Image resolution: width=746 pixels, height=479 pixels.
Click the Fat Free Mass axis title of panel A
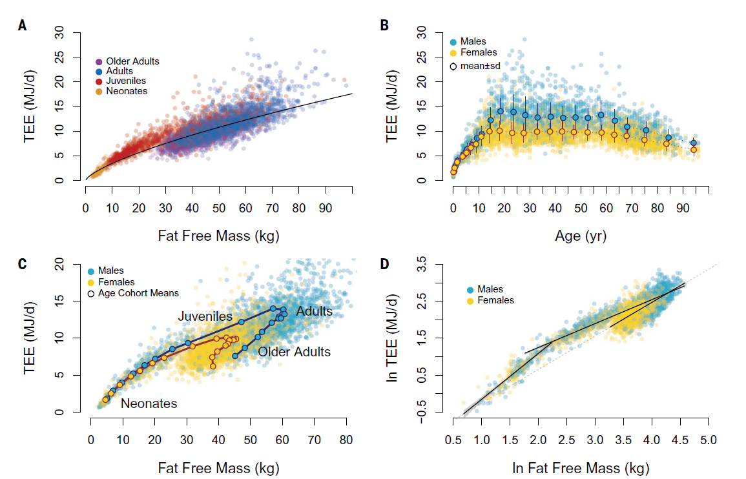[x=218, y=236]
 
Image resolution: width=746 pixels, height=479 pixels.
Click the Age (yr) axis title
[x=581, y=236]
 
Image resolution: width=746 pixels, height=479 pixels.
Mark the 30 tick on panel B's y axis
[x=439, y=32]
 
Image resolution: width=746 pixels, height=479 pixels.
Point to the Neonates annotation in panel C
[x=149, y=404]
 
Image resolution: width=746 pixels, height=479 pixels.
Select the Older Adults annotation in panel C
[x=294, y=352]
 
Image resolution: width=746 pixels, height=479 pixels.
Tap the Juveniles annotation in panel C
[x=205, y=317]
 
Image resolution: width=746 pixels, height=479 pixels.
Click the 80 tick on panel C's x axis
[x=346, y=440]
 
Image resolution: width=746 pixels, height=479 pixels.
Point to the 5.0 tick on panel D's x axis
[x=709, y=440]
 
